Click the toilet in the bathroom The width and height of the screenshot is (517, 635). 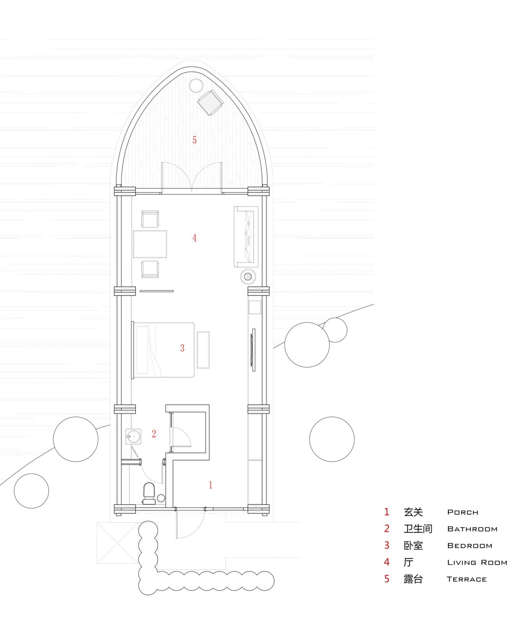[x=149, y=492]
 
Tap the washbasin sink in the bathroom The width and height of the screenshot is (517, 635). [x=133, y=436]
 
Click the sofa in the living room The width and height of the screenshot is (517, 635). [x=246, y=237]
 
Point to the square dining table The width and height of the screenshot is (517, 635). [x=150, y=244]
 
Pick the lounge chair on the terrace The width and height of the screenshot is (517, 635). [x=210, y=102]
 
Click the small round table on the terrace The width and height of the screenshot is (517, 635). [x=196, y=85]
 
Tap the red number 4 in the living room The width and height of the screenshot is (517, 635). [x=194, y=238]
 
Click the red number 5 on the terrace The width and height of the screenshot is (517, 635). [x=194, y=140]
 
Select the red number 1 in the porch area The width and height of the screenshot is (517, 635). [x=211, y=485]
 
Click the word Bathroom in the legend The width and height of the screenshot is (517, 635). [x=472, y=529]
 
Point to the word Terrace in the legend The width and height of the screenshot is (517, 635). [x=467, y=579]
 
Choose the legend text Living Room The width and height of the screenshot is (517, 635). [x=477, y=563]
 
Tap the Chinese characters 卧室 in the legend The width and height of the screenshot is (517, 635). [x=413, y=546]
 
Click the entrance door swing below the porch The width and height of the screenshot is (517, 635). [x=190, y=524]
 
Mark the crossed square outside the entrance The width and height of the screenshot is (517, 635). [x=117, y=543]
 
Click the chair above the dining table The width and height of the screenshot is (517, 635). [x=150, y=219]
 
